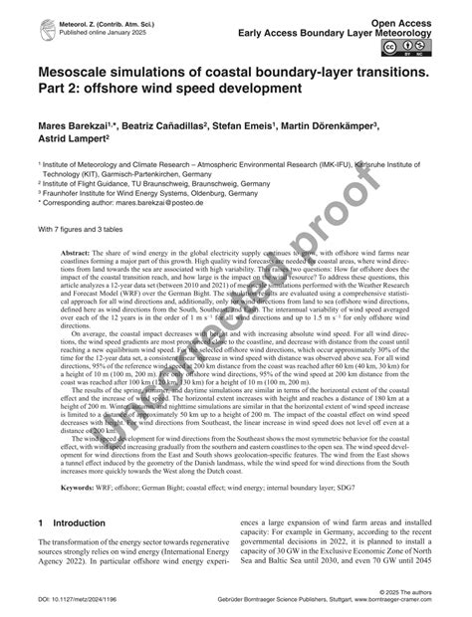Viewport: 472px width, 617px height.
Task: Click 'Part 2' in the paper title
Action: [x=61, y=89]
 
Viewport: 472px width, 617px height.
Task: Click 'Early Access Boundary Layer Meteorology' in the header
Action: [x=360, y=31]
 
